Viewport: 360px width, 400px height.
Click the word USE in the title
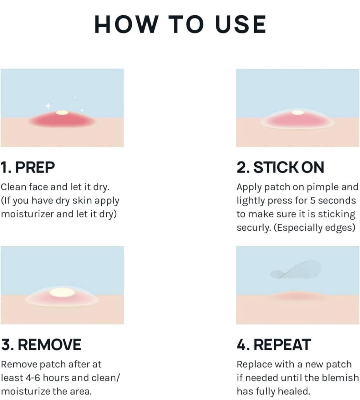coord(241,24)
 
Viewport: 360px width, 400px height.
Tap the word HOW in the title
coord(127,24)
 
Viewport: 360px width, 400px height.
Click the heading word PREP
coord(35,167)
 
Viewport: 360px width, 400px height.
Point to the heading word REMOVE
coord(49,345)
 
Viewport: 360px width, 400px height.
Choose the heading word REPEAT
coord(282,345)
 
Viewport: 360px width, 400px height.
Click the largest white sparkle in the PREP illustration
coord(48,106)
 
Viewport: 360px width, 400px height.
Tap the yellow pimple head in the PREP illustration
coord(62,113)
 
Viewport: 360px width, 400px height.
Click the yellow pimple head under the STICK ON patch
coord(298,113)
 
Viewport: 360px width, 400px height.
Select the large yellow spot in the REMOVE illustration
coord(62,292)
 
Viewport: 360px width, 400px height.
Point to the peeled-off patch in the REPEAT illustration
coord(296,270)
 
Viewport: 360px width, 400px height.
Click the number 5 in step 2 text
coord(313,201)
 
